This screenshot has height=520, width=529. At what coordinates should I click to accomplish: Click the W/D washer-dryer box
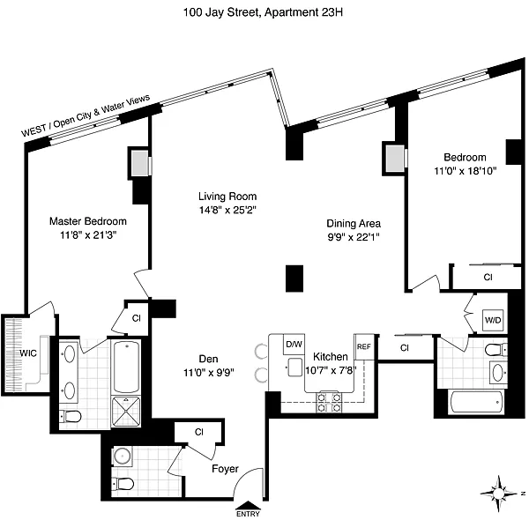[x=493, y=320]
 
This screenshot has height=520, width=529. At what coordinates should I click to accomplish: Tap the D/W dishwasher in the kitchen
[x=294, y=344]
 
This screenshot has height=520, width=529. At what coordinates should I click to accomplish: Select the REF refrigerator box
[x=363, y=346]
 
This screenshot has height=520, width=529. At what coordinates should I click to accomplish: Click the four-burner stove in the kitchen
[x=329, y=402]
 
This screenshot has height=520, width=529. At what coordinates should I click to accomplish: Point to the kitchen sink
[x=294, y=367]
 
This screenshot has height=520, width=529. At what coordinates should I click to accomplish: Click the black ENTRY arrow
[x=248, y=505]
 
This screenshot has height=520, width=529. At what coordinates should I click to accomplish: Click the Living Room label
[x=227, y=197]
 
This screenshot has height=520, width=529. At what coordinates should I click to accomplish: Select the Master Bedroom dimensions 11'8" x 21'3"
[x=88, y=235]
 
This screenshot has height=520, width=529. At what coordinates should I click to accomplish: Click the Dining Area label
[x=354, y=224]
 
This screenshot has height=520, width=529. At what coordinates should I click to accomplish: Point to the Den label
[x=208, y=359]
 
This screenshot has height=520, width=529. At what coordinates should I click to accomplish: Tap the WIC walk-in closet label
[x=28, y=353]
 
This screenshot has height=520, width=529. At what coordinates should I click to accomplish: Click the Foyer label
[x=225, y=469]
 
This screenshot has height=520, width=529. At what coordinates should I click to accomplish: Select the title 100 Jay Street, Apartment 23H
[x=263, y=12]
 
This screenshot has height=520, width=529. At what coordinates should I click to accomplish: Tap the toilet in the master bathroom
[x=71, y=417]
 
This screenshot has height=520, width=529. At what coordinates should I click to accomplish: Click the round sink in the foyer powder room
[x=123, y=456]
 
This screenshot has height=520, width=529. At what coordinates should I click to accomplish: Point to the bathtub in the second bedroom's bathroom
[x=477, y=402]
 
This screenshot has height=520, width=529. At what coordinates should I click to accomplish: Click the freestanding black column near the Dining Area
[x=294, y=279]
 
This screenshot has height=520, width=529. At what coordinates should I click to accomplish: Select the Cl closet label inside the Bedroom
[x=488, y=278]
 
